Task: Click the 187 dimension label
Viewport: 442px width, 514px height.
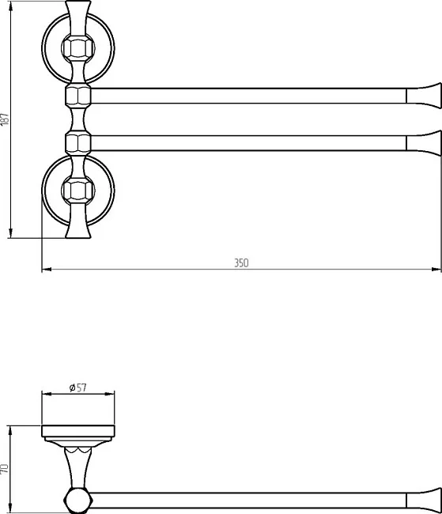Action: (x=5, y=119)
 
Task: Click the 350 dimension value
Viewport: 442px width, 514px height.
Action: (x=241, y=263)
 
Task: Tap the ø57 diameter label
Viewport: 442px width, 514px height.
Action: (x=78, y=387)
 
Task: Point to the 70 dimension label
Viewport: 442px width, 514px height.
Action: (x=5, y=468)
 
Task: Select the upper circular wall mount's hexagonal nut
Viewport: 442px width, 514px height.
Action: (x=78, y=48)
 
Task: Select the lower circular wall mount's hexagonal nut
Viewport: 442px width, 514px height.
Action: (x=78, y=190)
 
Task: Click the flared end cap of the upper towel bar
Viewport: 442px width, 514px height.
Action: (x=424, y=96)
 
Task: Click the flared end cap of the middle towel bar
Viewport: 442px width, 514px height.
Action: (x=424, y=143)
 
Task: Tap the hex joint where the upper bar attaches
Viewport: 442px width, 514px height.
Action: (x=78, y=96)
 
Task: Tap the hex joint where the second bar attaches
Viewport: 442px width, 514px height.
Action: (x=78, y=143)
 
